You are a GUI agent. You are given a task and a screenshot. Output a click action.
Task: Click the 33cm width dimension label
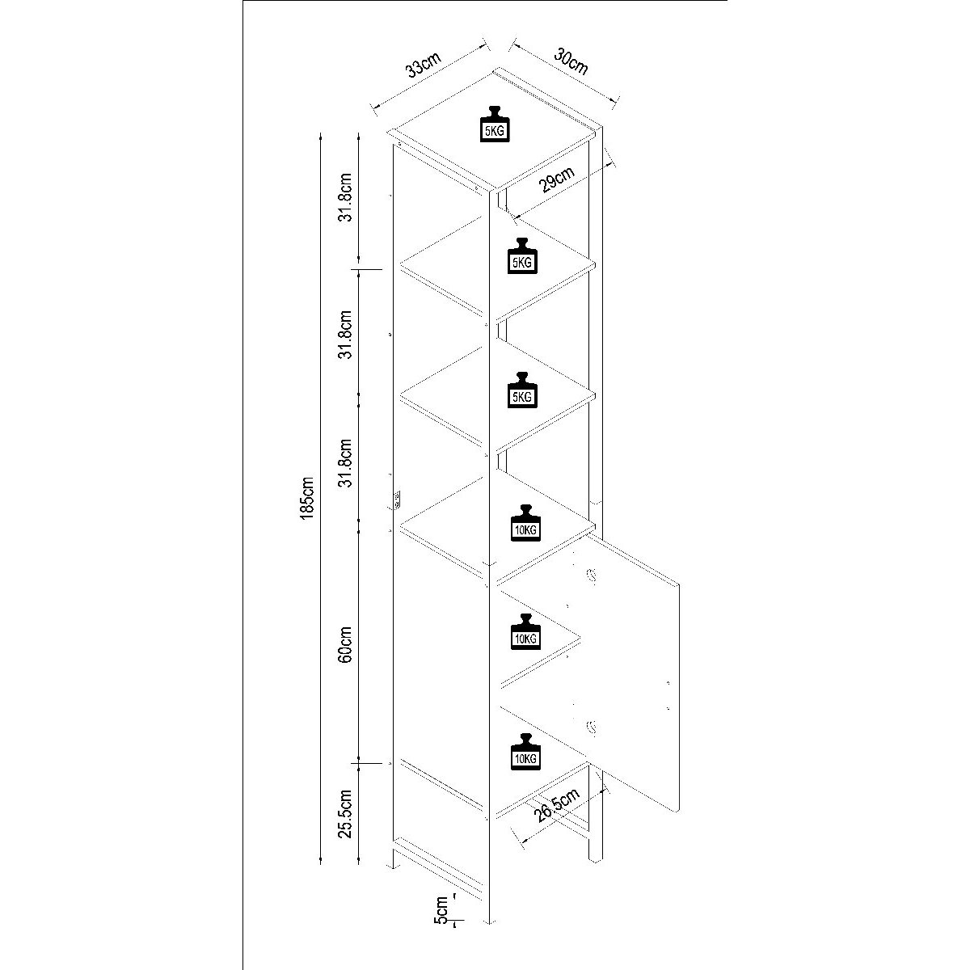click(424, 65)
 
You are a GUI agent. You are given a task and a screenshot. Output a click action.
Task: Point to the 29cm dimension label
click(557, 182)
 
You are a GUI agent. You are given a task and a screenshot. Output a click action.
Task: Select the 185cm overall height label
click(306, 497)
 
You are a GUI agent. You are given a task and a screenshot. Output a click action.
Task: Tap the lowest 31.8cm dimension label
click(346, 464)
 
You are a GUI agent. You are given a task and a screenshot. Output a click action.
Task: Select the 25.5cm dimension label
click(346, 814)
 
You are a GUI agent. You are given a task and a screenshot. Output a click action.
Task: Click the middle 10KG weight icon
click(525, 633)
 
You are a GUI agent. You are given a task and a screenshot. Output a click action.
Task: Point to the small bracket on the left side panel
click(397, 500)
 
